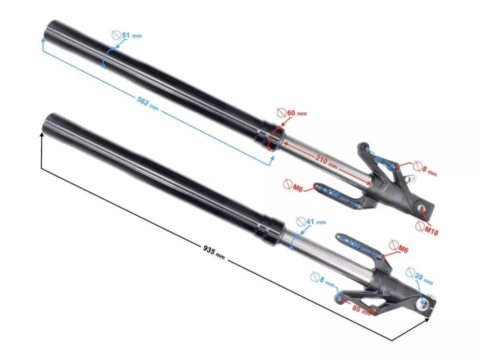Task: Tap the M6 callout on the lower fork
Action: (399, 246)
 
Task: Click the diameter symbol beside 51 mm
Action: (115, 35)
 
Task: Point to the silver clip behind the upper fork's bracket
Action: (411, 178)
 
